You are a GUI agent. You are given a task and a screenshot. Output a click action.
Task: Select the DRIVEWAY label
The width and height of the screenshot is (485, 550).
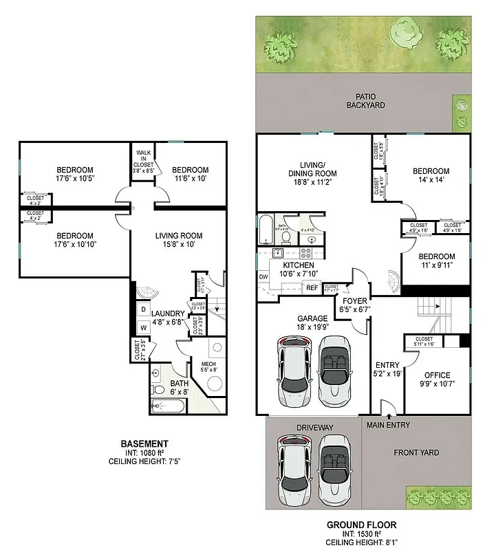[x=314, y=428]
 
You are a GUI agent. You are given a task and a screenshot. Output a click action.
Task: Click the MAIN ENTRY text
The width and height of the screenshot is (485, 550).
[x=389, y=425]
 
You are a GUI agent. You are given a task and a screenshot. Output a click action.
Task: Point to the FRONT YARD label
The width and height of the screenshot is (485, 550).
[x=416, y=452]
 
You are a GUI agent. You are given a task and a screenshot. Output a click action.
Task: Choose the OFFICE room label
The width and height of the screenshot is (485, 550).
[x=437, y=375]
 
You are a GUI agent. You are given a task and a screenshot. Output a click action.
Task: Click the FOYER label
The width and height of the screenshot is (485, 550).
[x=353, y=301]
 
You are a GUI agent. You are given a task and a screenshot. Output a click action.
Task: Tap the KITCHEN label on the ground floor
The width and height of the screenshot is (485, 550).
[x=298, y=265]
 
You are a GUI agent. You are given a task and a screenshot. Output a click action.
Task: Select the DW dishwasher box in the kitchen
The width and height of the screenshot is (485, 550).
[x=263, y=277]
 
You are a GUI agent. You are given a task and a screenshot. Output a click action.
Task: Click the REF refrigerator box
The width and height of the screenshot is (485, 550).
[x=311, y=287]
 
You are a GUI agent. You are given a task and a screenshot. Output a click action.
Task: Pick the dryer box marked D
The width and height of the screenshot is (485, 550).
[x=144, y=309]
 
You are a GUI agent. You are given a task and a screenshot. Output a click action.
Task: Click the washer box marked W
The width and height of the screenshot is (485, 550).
[x=144, y=327]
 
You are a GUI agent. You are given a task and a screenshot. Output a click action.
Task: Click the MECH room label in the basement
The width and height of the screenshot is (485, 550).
[x=209, y=364]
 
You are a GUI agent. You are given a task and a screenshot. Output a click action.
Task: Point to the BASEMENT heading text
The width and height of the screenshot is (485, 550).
[x=144, y=443]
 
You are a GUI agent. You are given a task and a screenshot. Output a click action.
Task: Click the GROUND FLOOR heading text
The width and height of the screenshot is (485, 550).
[x=361, y=525]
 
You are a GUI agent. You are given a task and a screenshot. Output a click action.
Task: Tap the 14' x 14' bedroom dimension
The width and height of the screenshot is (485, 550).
[x=431, y=181]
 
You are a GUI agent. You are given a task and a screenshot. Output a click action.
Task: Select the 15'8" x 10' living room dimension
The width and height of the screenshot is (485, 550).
[x=178, y=245]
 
